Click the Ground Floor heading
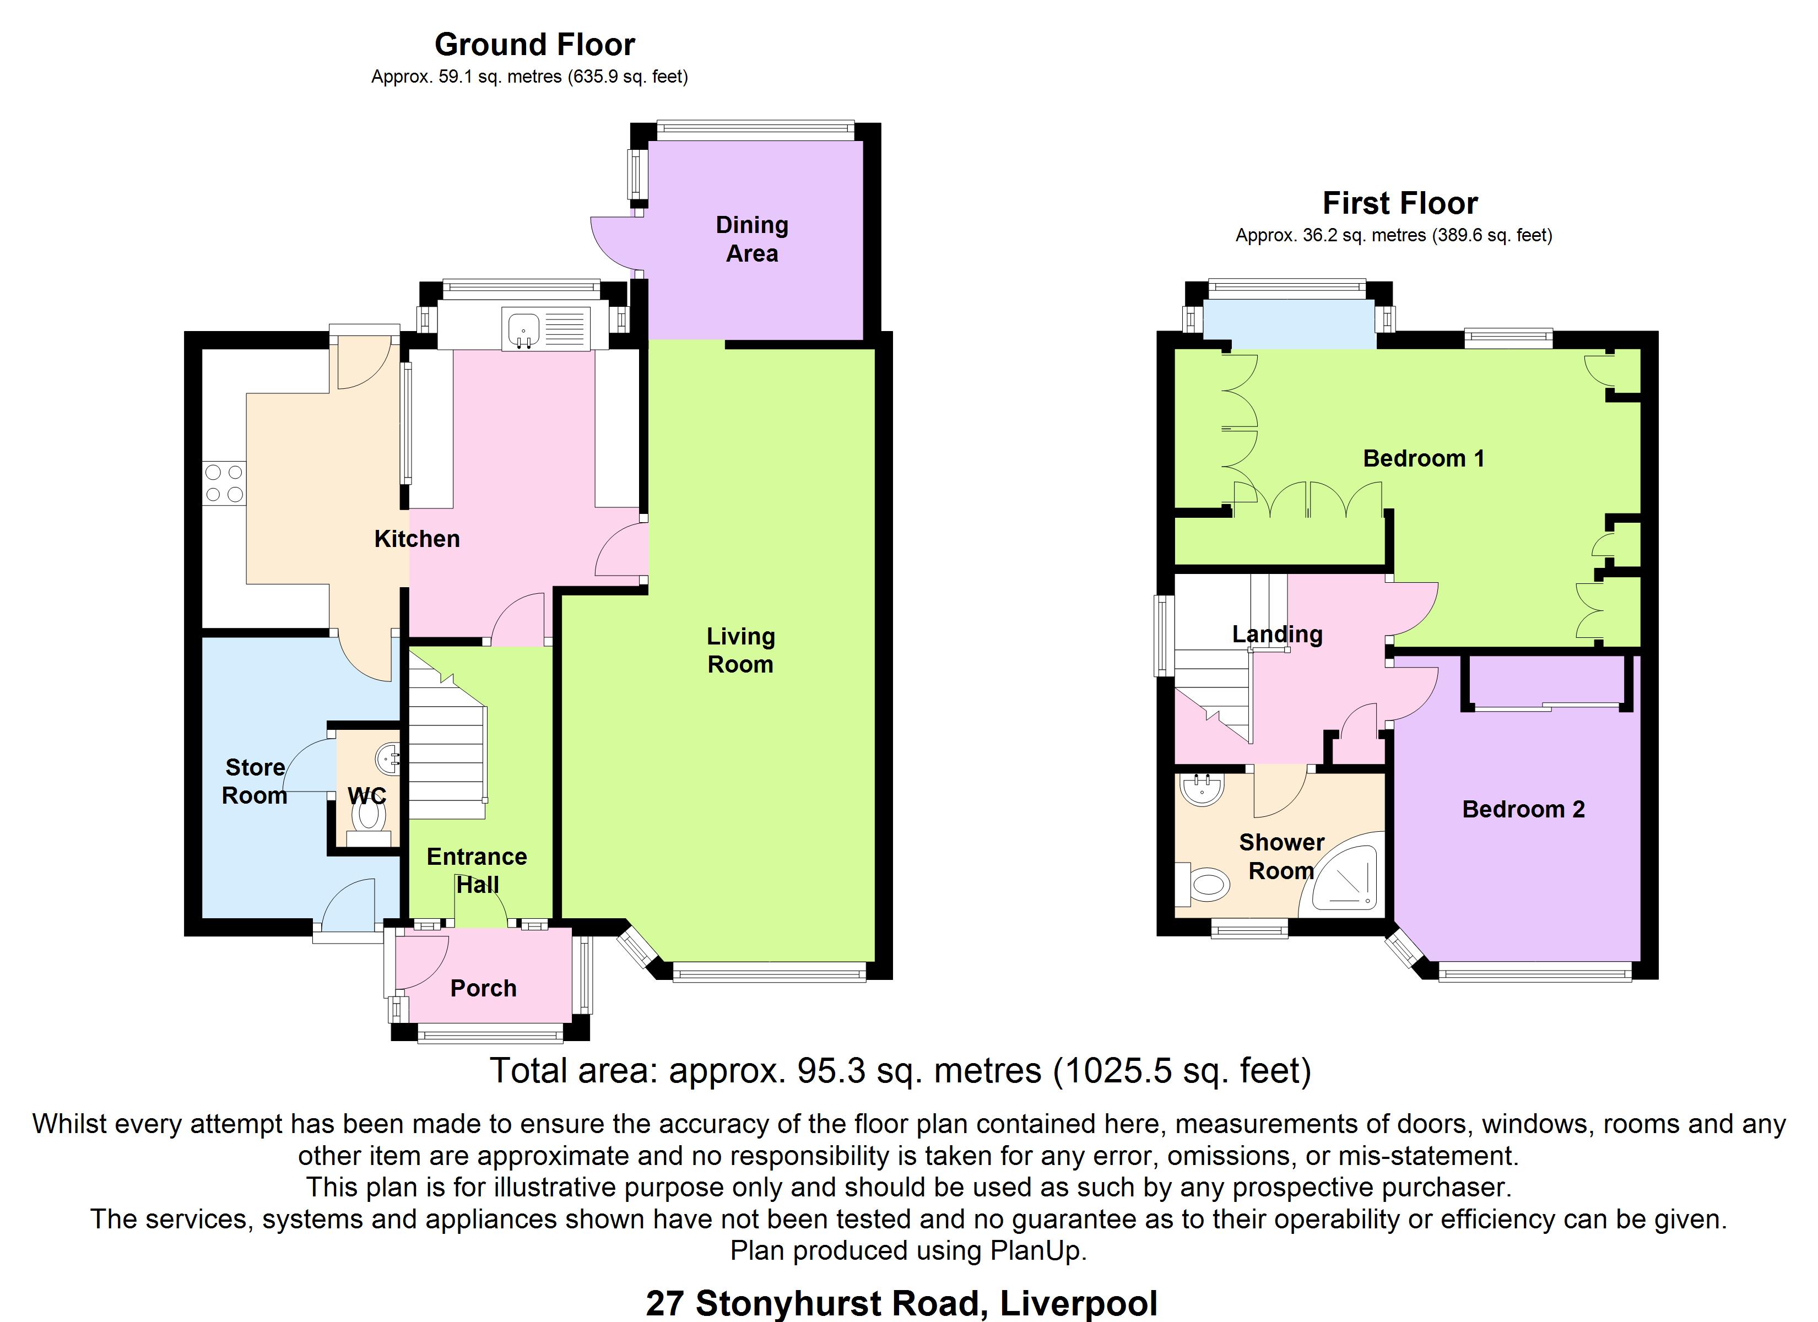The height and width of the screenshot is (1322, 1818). (x=535, y=45)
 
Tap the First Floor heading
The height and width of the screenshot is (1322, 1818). (x=1399, y=204)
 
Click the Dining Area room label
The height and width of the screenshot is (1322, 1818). (x=752, y=239)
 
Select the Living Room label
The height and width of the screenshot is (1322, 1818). (x=740, y=650)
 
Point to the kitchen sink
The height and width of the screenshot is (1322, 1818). (x=545, y=329)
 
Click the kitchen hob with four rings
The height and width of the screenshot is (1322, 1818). (x=224, y=484)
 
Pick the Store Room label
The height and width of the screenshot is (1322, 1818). (x=255, y=782)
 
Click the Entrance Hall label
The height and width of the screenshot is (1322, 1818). (x=477, y=871)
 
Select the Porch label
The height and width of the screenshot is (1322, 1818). (x=483, y=989)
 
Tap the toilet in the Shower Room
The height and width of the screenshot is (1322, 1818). (x=1203, y=885)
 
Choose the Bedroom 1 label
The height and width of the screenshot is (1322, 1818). (x=1424, y=459)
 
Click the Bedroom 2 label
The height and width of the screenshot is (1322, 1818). (x=1524, y=810)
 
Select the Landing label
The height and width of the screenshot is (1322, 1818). (x=1278, y=634)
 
